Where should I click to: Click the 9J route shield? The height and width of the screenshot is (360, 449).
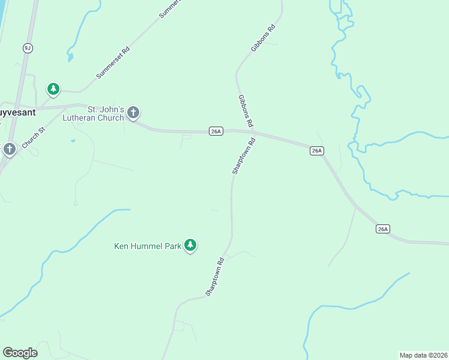coord(28,47)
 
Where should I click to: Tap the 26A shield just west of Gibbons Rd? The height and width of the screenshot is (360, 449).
coord(216,131)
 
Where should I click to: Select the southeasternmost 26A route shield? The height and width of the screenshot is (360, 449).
coord(384,229)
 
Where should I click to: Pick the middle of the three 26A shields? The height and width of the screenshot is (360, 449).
coord(317,151)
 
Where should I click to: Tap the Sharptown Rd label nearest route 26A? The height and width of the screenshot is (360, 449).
coord(244,156)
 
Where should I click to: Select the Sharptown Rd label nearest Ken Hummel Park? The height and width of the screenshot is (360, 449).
coord(215,276)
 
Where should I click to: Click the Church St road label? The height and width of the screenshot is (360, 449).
coord(34,137)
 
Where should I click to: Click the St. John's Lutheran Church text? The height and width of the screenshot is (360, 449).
coord(106,113)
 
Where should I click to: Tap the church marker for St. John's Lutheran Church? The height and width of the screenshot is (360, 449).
coord(133,112)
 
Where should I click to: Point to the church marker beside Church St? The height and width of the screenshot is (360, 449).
coord(9,149)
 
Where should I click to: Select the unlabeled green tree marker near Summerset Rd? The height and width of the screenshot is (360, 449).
coord(53,89)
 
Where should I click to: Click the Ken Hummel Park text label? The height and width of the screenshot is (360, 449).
coord(148,245)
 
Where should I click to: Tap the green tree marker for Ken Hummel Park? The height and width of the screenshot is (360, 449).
coord(190,245)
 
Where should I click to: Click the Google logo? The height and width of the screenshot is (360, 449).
coord(20,353)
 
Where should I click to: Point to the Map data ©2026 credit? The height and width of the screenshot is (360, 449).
coord(423,355)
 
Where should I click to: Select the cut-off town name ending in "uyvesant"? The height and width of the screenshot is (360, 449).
coord(17,112)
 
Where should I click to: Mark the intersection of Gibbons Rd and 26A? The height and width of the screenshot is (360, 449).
coord(253,131)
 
